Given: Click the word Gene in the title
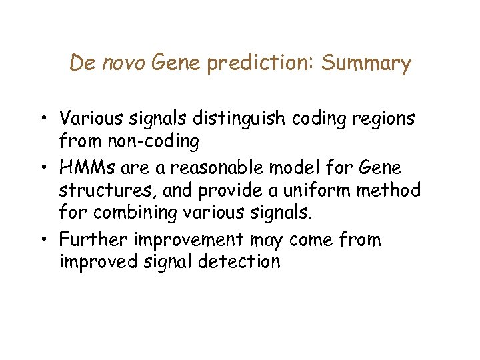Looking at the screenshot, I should (x=176, y=63).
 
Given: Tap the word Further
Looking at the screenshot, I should (x=93, y=239).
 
